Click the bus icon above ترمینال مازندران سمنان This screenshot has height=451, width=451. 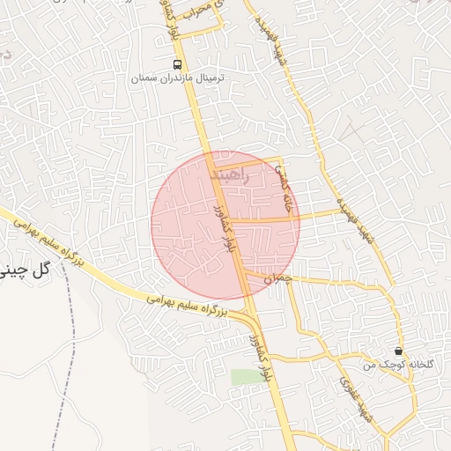[x=178, y=64]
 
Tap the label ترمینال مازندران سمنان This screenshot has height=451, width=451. [x=178, y=78]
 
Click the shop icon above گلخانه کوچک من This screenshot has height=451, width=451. [x=398, y=351]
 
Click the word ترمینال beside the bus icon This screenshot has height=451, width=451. [x=210, y=78]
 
